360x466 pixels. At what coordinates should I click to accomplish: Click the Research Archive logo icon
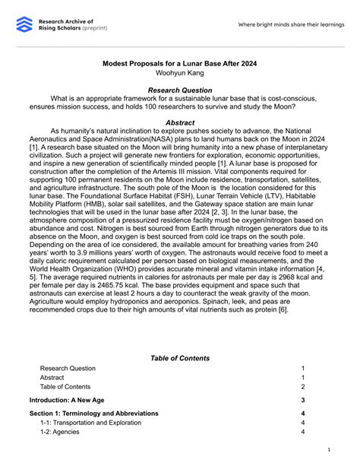[24, 24]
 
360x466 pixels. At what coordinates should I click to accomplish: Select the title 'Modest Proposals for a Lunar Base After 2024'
[180, 65]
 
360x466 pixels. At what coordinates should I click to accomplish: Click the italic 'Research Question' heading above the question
[180, 90]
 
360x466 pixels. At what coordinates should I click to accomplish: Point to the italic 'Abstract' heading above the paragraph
[180, 122]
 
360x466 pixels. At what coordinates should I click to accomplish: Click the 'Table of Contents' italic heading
[180, 357]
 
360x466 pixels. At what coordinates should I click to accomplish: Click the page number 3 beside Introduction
[302, 400]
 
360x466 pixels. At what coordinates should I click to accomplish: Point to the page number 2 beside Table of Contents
[302, 386]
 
